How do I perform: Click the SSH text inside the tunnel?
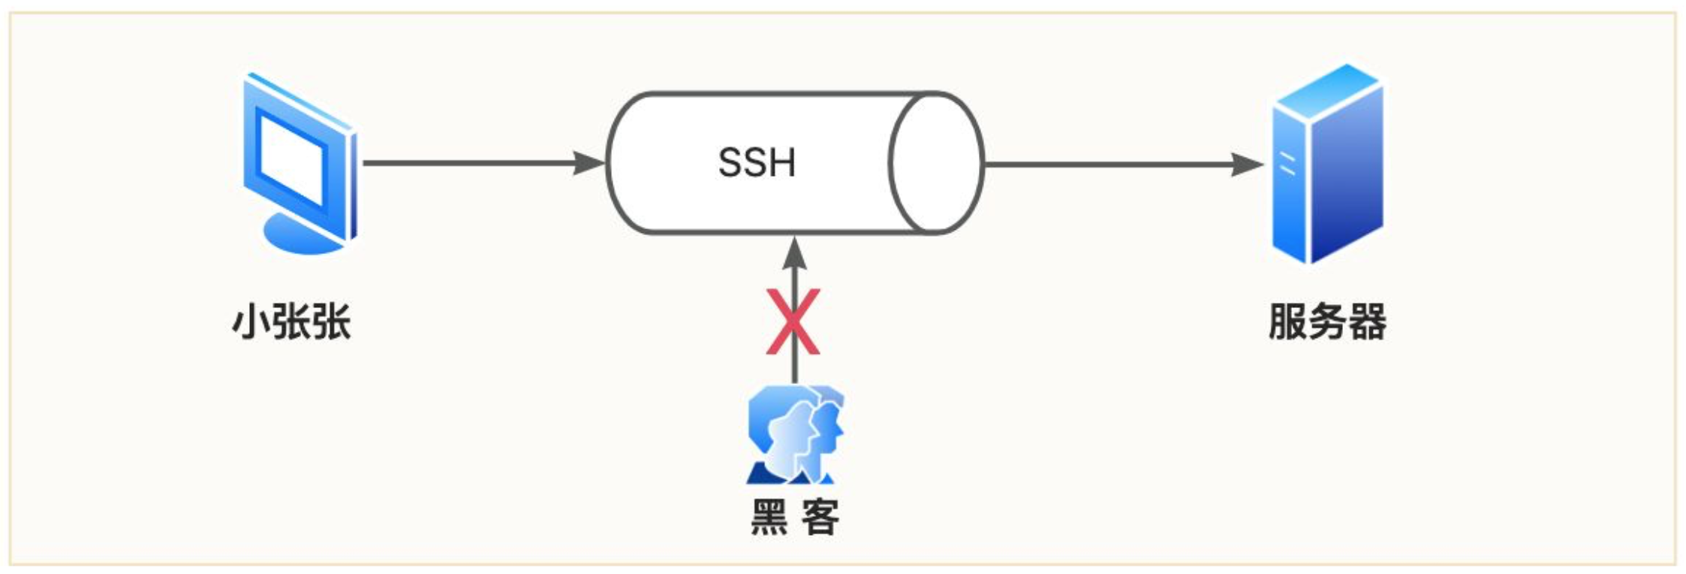coord(757,162)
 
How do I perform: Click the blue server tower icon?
coord(1327,164)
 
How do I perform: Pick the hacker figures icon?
coord(795,434)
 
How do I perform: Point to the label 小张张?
coord(291,322)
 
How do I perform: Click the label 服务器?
coord(1327,322)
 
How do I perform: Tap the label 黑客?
coord(795,517)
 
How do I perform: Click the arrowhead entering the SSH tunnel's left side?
coord(589,162)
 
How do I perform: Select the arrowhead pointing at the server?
coord(1248,164)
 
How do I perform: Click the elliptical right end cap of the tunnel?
coord(936,162)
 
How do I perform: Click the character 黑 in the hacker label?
coord(769,517)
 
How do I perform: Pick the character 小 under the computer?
coord(251,322)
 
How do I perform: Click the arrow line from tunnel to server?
coord(1111,164)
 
